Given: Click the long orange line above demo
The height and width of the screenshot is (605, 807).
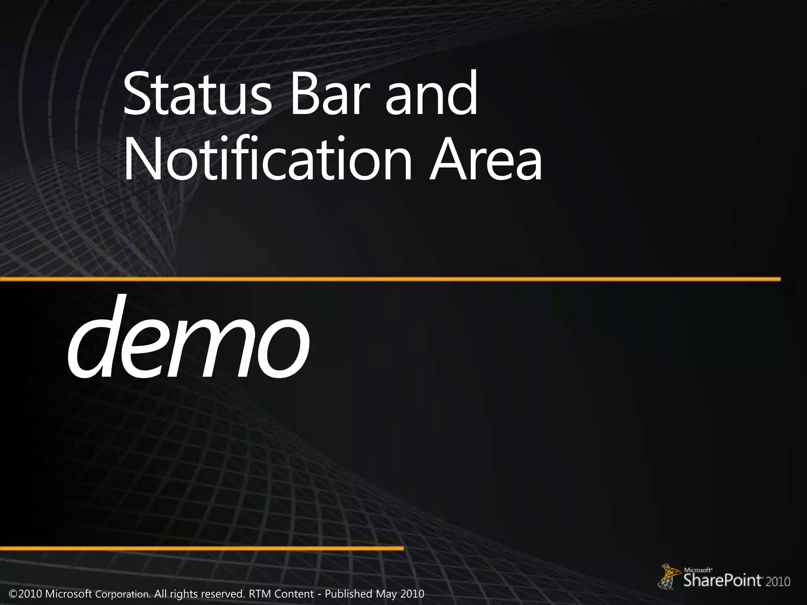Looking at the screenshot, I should click(390, 279).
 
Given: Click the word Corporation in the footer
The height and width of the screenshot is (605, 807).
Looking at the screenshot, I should click(123, 594).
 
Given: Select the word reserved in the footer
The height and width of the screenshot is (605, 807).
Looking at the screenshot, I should click(222, 594).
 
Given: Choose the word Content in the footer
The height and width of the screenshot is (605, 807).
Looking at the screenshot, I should click(294, 594).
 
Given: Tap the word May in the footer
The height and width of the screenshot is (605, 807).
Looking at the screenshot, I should click(386, 594).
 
